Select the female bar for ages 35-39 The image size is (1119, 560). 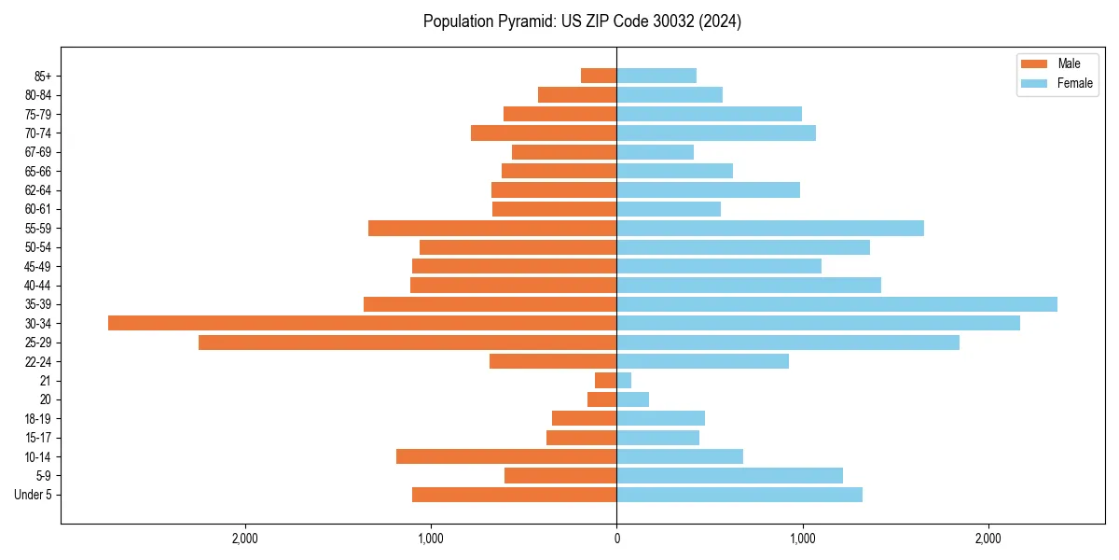pyautogui.click(x=836, y=304)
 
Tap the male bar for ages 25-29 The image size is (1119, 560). pyautogui.click(x=408, y=343)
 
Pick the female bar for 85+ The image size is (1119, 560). pyautogui.click(x=656, y=76)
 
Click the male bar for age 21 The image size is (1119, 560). pyautogui.click(x=605, y=381)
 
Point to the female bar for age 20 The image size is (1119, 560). pyautogui.click(x=632, y=399)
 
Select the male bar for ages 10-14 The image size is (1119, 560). pyautogui.click(x=506, y=456)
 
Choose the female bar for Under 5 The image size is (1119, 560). pyautogui.click(x=739, y=495)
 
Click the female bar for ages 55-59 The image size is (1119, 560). pyautogui.click(x=770, y=229)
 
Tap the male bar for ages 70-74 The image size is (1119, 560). pyautogui.click(x=544, y=133)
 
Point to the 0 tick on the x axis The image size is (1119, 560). pyautogui.click(x=616, y=539)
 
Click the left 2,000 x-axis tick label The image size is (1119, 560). pyautogui.click(x=245, y=539)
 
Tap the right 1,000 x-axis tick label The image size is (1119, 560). pyautogui.click(x=802, y=539)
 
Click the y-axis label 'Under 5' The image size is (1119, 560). pyautogui.click(x=33, y=495)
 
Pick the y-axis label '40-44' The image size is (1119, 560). pyautogui.click(x=37, y=286)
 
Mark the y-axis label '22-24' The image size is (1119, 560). pyautogui.click(x=37, y=362)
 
